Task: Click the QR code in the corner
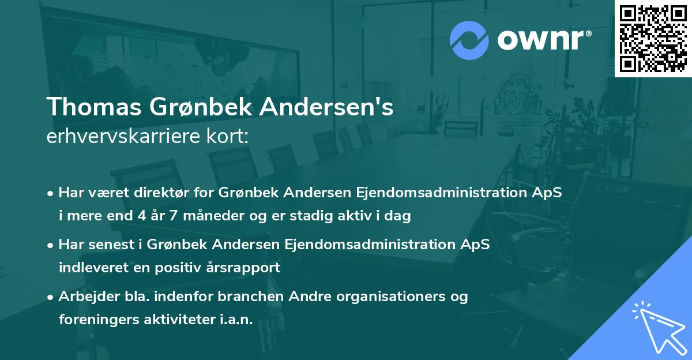[653, 39]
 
